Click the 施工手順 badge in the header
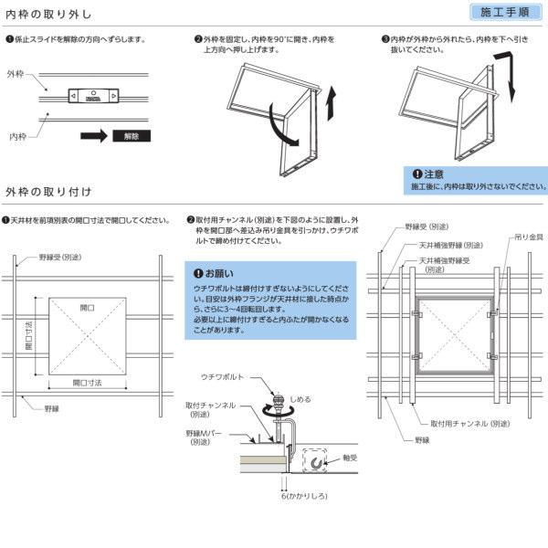(x=504, y=13)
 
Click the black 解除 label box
(x=130, y=136)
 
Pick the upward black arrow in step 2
(x=331, y=100)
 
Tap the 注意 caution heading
(x=434, y=174)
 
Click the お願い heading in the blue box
(x=218, y=273)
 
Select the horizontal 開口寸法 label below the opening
(x=89, y=382)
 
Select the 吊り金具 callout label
(x=527, y=237)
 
